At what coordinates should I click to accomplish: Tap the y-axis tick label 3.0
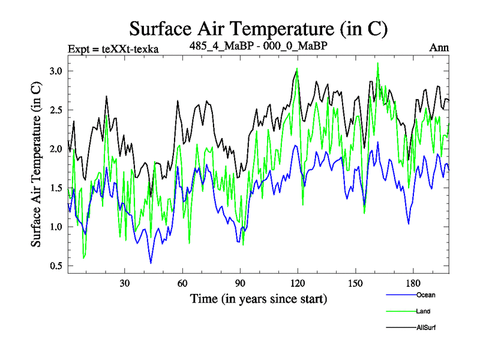56,71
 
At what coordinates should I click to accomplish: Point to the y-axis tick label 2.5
56,110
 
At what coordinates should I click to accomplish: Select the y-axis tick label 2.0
56,149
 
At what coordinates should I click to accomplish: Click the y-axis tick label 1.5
56,188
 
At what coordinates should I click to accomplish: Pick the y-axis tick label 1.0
56,227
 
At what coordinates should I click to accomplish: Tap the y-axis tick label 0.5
56,266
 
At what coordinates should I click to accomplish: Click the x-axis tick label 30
125,283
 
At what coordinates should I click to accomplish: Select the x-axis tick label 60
182,283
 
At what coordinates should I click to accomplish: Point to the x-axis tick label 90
240,283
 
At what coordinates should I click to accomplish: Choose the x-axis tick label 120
298,283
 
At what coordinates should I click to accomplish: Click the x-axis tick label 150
355,283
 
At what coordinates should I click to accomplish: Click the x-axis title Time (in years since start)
259,298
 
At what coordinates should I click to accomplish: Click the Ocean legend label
425,295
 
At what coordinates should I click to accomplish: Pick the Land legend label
423,311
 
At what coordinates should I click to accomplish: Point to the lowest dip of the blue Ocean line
151,263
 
